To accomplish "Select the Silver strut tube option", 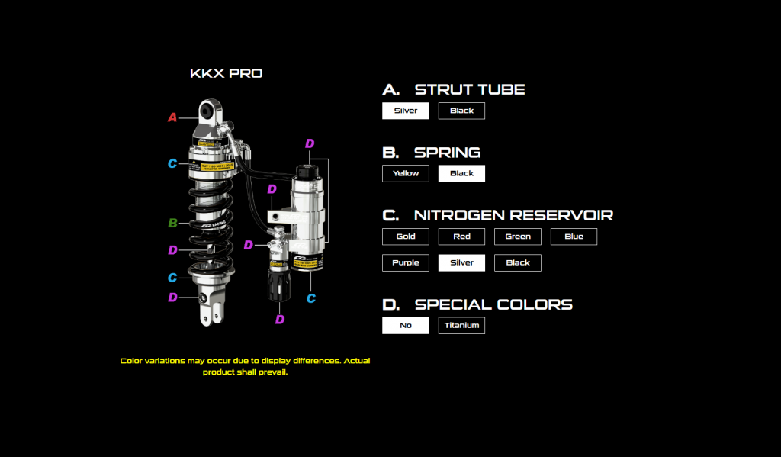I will (405, 111).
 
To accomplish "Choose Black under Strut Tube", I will (461, 111).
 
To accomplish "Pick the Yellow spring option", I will (405, 173).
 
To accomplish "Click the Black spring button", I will (461, 173).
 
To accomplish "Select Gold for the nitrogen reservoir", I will (405, 237).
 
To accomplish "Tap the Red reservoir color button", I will (461, 237).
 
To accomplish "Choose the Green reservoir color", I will (517, 237).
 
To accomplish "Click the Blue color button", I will (574, 237).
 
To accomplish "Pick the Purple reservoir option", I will (405, 262).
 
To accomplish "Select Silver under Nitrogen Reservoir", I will (461, 262).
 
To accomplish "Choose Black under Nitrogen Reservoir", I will (517, 262).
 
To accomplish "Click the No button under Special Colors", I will (405, 326).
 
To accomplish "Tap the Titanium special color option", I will (461, 326).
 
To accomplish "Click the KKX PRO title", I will (226, 74).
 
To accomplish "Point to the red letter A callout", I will (172, 117).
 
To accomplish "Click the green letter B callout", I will (172, 224).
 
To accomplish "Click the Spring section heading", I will (447, 153).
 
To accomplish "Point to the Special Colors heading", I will (493, 304).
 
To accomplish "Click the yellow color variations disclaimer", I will (245, 366).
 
